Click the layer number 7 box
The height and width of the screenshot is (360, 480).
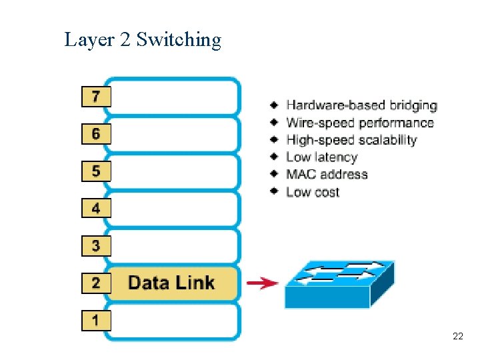(x=96, y=97)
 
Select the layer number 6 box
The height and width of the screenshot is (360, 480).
(x=96, y=134)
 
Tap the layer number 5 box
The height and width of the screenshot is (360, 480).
(x=96, y=171)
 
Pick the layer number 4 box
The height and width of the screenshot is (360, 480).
(x=96, y=209)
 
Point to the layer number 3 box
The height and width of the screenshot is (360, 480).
(x=96, y=246)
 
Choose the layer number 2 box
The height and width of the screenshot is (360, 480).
(x=96, y=283)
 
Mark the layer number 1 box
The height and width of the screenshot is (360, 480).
(x=96, y=321)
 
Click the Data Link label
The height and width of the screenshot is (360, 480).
(x=171, y=283)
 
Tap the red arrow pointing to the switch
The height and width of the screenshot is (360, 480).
(x=262, y=283)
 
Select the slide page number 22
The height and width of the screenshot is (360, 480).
(x=457, y=336)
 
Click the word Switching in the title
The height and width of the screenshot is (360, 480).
(x=179, y=40)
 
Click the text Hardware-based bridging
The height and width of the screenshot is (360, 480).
(x=361, y=105)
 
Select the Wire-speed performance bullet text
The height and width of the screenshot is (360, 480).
(x=359, y=123)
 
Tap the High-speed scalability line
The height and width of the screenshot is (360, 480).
(x=351, y=140)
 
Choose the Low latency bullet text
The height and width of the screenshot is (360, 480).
(x=321, y=157)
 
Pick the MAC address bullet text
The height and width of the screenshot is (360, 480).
(x=327, y=175)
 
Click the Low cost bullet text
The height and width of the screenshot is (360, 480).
(x=313, y=192)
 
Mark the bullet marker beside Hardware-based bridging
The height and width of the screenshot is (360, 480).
(x=274, y=105)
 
